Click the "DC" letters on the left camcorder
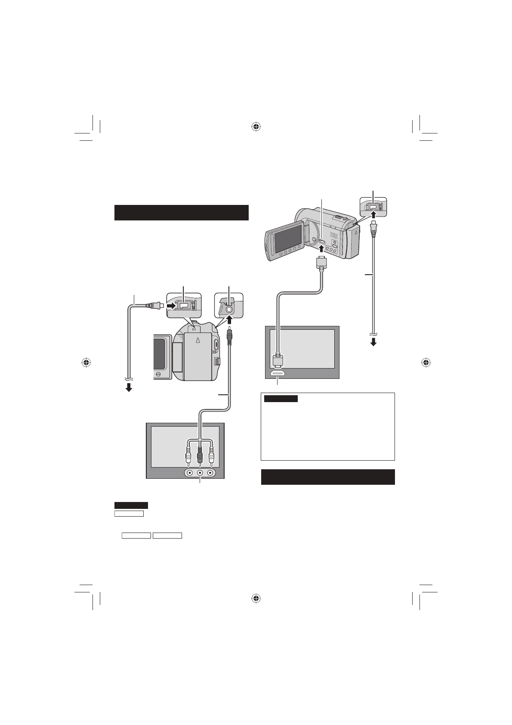point(194,329)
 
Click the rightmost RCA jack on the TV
point(210,472)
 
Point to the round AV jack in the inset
point(229,308)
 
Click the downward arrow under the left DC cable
point(128,387)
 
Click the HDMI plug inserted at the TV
point(278,361)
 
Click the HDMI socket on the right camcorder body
point(322,238)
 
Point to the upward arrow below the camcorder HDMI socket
point(322,248)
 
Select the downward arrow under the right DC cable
point(373,342)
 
